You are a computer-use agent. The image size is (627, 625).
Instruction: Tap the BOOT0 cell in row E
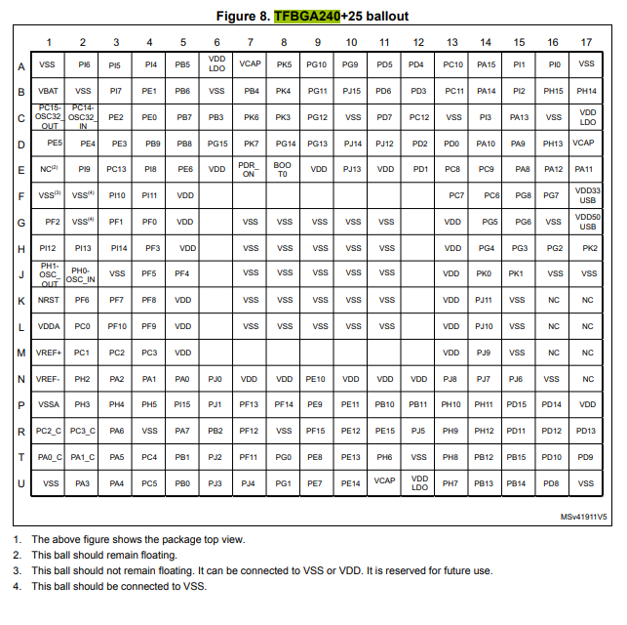click(284, 169)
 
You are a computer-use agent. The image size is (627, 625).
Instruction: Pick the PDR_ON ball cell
click(250, 169)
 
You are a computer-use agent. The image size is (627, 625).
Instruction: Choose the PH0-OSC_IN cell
click(83, 273)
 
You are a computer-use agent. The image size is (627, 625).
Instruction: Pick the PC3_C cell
click(83, 430)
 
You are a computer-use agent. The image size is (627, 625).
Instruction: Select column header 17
click(586, 42)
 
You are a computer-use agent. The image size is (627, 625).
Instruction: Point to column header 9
click(318, 42)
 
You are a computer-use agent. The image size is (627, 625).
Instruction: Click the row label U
click(21, 482)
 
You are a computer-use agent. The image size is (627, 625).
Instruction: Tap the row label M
click(21, 352)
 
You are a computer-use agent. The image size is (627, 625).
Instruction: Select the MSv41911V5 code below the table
click(583, 516)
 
